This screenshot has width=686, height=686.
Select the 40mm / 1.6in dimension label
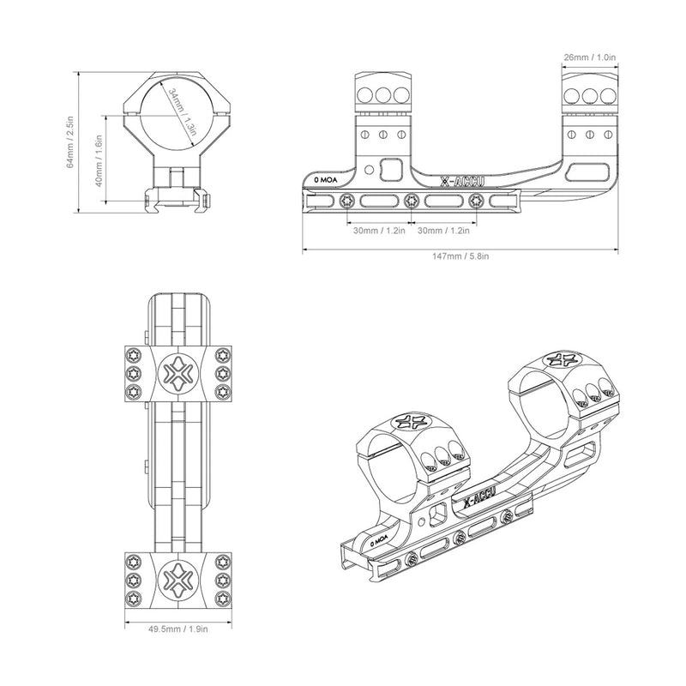point(100,160)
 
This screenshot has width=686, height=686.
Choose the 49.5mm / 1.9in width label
point(179,628)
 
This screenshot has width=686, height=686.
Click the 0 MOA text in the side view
point(326,181)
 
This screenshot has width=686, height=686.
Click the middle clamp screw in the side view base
point(412,202)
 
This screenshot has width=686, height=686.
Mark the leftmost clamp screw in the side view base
point(346,202)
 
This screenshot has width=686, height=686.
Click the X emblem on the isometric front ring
point(410,421)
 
